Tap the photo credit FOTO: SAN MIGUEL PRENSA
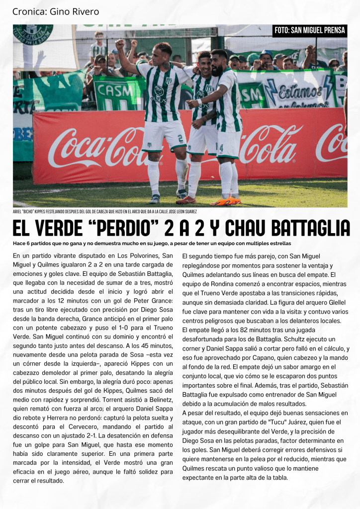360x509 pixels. pos(310,30)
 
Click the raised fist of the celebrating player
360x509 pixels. pos(119,44)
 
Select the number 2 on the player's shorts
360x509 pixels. pos(180,138)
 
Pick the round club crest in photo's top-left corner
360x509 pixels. pos(33,33)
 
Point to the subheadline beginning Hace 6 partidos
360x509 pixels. pos(152,243)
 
